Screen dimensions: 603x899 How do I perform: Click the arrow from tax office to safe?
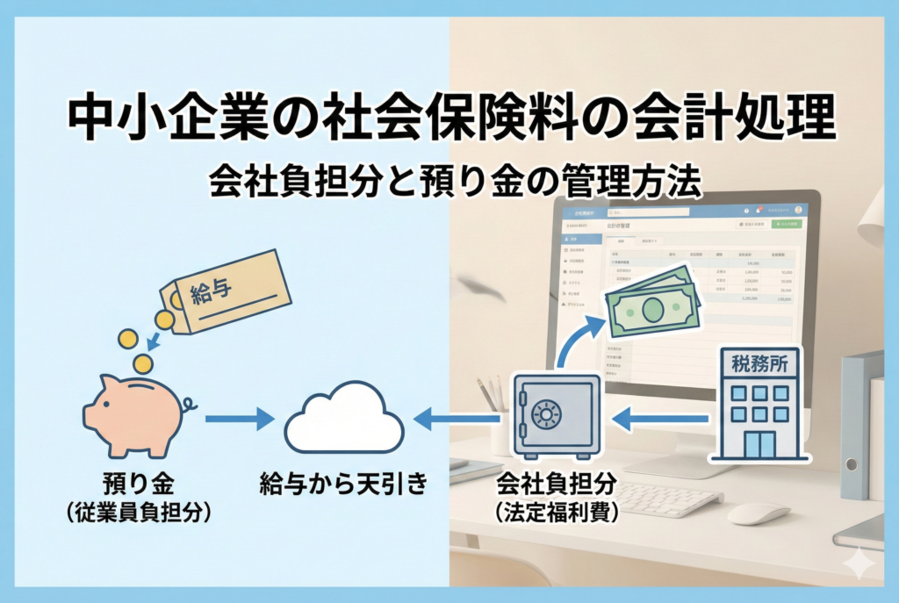658,420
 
